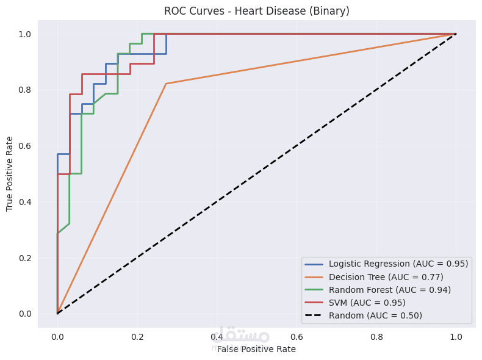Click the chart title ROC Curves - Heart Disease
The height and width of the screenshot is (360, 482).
click(x=256, y=11)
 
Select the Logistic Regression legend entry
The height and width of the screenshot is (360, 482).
click(x=398, y=264)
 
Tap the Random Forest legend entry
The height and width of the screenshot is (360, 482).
click(x=389, y=290)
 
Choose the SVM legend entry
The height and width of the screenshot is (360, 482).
click(x=367, y=303)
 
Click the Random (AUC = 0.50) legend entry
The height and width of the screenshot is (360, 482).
click(x=375, y=315)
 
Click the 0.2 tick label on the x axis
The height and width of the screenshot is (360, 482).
click(x=137, y=336)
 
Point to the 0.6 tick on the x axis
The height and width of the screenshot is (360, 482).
click(x=297, y=336)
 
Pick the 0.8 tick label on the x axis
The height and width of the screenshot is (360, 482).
click(x=376, y=336)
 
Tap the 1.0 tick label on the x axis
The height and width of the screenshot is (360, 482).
click(x=456, y=336)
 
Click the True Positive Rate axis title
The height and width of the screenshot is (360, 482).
click(x=10, y=174)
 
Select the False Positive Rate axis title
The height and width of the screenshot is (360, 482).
click(x=256, y=349)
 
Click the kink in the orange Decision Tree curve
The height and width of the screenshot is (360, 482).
click(x=166, y=84)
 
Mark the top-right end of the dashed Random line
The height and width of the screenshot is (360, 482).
click(x=456, y=34)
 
